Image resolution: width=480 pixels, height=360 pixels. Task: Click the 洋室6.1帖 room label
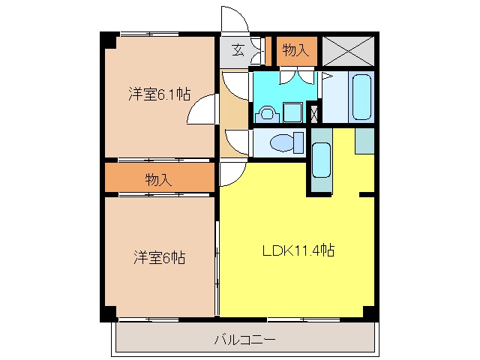159,94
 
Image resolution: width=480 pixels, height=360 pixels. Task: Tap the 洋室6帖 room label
160,257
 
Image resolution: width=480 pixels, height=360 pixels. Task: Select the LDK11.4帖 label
298,250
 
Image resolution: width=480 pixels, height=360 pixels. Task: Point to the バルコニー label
245,340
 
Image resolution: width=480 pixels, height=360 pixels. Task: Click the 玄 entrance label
238,50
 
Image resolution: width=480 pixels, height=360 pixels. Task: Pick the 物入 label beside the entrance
295,50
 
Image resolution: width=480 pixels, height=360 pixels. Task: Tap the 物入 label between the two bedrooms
158,179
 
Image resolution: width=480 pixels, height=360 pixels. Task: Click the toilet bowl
286,142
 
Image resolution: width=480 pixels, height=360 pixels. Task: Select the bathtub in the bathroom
361,97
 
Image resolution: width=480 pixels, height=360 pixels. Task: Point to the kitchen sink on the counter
322,160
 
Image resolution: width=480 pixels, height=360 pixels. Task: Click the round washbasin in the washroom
267,114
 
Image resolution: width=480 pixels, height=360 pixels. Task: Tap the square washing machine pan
292,112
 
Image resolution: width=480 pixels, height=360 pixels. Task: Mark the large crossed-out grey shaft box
348,51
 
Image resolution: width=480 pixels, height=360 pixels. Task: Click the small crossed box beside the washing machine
314,114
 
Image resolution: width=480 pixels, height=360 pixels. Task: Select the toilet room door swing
235,142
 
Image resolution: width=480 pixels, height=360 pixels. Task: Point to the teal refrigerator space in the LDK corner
364,141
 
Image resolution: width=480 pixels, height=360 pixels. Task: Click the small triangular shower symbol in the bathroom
327,76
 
